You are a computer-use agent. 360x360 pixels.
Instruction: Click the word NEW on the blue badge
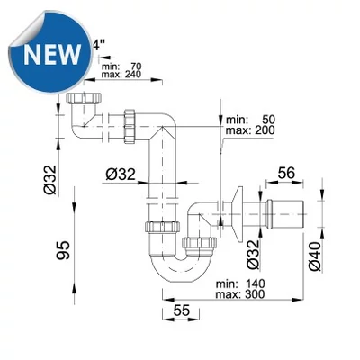(52, 55)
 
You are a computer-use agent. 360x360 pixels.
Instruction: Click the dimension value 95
(63, 250)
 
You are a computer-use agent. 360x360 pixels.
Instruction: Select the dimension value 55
(182, 310)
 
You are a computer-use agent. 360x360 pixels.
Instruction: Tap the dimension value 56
(286, 173)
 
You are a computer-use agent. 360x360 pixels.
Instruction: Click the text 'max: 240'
(121, 74)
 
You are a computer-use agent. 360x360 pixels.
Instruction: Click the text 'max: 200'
(250, 130)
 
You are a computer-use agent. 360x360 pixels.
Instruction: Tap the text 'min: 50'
(251, 120)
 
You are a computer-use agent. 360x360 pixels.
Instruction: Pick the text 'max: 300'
(240, 294)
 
